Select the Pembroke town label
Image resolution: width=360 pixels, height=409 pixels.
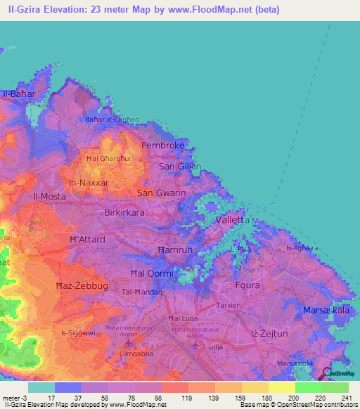163,145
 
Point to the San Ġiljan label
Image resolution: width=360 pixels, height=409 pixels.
180,167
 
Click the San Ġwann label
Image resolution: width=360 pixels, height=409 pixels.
161,193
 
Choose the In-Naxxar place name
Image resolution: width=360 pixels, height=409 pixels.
89,183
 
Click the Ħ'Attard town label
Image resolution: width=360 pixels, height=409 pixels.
86,240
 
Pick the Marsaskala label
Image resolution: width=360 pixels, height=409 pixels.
324,310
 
